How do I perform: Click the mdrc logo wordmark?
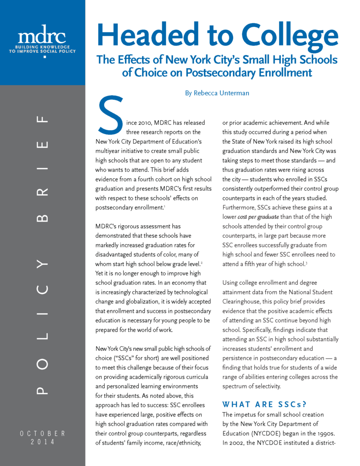click(42, 35)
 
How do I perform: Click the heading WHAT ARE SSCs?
click(258, 405)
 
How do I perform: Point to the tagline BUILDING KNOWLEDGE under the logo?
click(42, 47)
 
